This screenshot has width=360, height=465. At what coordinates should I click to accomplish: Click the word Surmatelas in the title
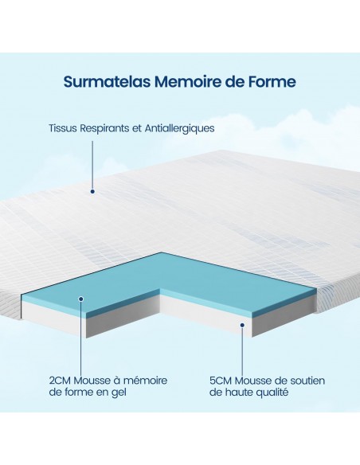(x=107, y=81)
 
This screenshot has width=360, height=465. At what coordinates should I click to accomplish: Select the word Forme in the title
(x=272, y=81)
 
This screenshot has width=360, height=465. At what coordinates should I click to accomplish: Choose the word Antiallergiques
(x=179, y=129)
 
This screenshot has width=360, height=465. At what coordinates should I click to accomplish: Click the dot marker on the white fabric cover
(x=92, y=191)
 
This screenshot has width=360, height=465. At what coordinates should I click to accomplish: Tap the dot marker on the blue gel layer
(x=81, y=299)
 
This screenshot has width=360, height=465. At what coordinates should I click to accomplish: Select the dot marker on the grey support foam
(x=242, y=325)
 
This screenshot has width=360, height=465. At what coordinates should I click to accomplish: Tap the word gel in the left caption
(x=119, y=393)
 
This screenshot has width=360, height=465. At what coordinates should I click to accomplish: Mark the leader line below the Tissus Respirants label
(x=92, y=165)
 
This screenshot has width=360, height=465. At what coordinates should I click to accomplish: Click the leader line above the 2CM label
(x=81, y=338)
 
